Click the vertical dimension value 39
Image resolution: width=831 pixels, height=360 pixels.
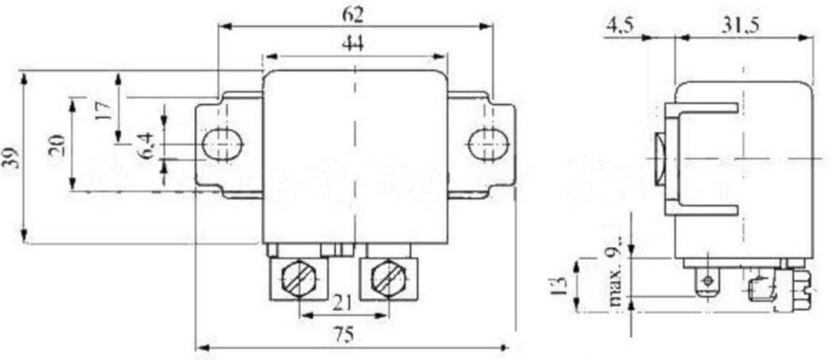point(11,158)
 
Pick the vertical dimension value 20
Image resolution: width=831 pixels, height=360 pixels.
point(57,146)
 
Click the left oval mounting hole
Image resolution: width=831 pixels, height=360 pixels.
point(222,144)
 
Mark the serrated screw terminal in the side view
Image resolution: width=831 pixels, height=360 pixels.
point(794,287)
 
